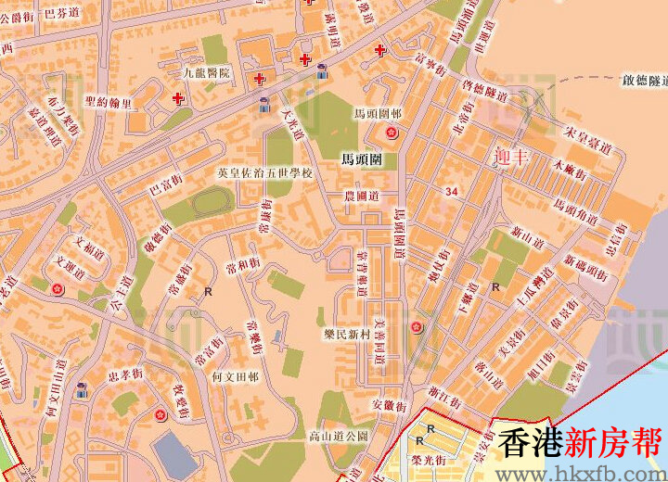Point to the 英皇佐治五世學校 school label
click(x=265, y=173)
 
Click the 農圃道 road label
click(x=361, y=197)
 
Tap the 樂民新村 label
click(x=348, y=333)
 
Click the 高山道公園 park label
click(x=339, y=434)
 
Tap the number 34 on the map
click(x=452, y=191)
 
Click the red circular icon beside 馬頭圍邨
click(x=392, y=133)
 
